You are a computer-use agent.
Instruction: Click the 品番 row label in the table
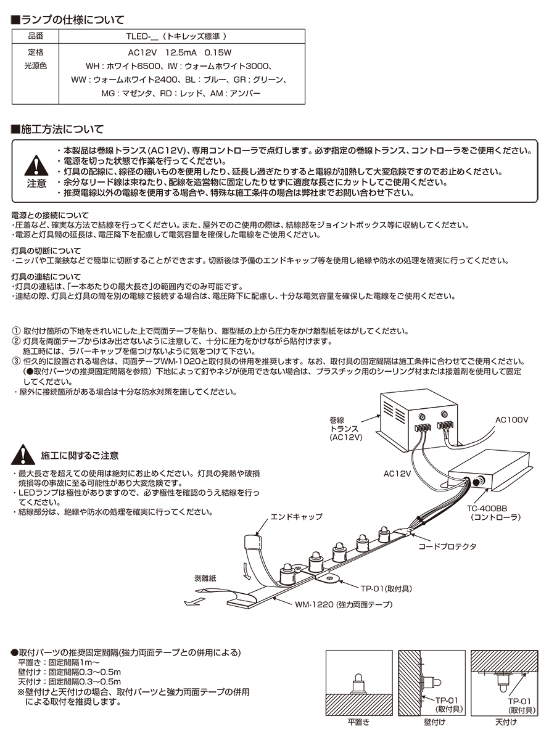point(36,36)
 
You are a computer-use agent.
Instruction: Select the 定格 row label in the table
point(36,52)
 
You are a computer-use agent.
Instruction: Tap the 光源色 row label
point(36,65)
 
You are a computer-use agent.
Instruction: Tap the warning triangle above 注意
point(36,165)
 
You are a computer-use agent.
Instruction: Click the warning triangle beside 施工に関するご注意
point(23,455)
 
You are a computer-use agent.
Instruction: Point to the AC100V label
point(512,419)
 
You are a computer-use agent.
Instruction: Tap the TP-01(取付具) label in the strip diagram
point(384,588)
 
